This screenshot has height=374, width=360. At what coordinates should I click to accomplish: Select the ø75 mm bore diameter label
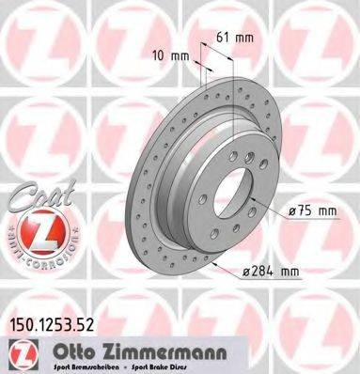310,211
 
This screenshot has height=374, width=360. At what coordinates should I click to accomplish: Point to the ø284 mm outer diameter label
270,273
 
